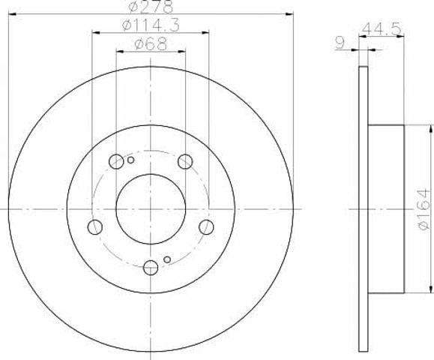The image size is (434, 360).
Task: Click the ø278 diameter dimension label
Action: pyautogui.click(x=151, y=6)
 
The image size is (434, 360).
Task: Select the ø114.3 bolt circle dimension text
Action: pyautogui.click(x=151, y=25)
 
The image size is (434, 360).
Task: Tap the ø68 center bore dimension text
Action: pyautogui.click(x=151, y=43)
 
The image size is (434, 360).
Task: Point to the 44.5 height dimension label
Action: pyautogui.click(x=382, y=28)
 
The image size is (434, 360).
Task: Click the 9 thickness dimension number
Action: pyautogui.click(x=340, y=43)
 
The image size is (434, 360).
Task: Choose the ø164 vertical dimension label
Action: pyautogui.click(x=424, y=209)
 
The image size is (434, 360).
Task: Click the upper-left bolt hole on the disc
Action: pyautogui.click(x=116, y=161)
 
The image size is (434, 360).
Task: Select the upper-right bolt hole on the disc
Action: pyautogui.click(x=185, y=161)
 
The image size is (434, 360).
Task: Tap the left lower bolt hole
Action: pyautogui.click(x=95, y=226)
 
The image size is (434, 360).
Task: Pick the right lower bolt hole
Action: pyautogui.click(x=206, y=226)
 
